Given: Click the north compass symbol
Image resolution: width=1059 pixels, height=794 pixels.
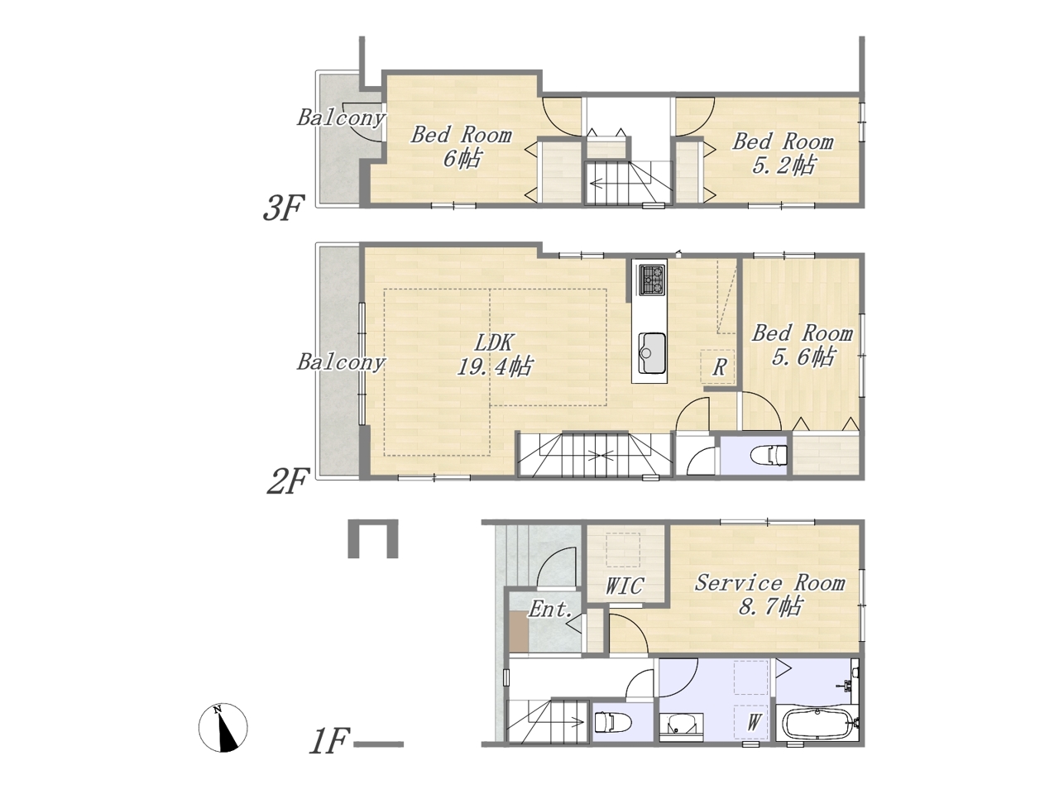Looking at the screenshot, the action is pyautogui.click(x=223, y=728).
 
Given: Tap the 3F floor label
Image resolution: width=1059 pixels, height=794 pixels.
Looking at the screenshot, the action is pyautogui.click(x=283, y=208).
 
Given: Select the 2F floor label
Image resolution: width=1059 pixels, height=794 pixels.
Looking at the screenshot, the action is pyautogui.click(x=286, y=482).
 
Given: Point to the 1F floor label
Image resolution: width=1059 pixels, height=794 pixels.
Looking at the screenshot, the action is pyautogui.click(x=328, y=741).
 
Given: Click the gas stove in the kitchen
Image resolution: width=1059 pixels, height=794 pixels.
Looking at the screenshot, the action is pyautogui.click(x=652, y=280).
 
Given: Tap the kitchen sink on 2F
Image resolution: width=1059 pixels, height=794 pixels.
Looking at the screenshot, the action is pyautogui.click(x=652, y=353).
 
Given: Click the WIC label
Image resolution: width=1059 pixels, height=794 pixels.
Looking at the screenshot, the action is pyautogui.click(x=624, y=586).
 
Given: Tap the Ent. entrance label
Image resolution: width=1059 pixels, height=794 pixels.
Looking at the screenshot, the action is pyautogui.click(x=550, y=610).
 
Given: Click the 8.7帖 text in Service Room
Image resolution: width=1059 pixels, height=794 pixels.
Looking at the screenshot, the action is pyautogui.click(x=770, y=606).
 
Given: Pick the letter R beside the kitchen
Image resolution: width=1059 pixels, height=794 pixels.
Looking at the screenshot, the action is pyautogui.click(x=719, y=367).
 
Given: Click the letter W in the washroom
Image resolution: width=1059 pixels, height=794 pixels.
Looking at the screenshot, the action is pyautogui.click(x=754, y=722).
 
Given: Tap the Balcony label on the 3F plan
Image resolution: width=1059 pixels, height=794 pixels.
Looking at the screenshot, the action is pyautogui.click(x=341, y=117).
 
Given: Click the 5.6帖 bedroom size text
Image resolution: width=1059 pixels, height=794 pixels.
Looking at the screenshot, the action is pyautogui.click(x=803, y=357).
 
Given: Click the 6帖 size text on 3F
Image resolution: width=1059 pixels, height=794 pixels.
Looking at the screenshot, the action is pyautogui.click(x=462, y=158).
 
